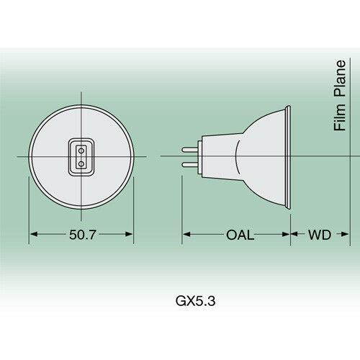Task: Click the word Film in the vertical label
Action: (339, 118)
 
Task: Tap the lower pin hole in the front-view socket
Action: (81, 163)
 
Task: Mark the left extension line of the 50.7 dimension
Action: (29, 209)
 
